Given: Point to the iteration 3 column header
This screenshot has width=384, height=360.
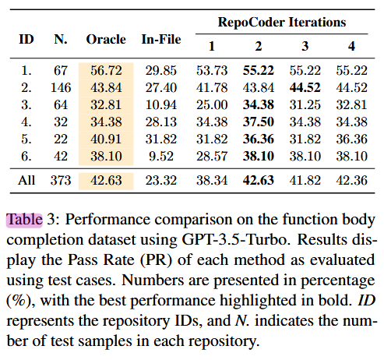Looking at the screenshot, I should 306,46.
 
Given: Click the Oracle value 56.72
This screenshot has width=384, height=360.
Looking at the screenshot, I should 106,69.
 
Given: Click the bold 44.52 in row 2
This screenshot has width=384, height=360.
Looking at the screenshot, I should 306,86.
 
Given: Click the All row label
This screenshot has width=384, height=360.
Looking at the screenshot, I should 26,180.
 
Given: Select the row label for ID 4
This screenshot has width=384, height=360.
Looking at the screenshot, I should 26,121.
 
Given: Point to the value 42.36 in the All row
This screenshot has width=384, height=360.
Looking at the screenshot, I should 352,180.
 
